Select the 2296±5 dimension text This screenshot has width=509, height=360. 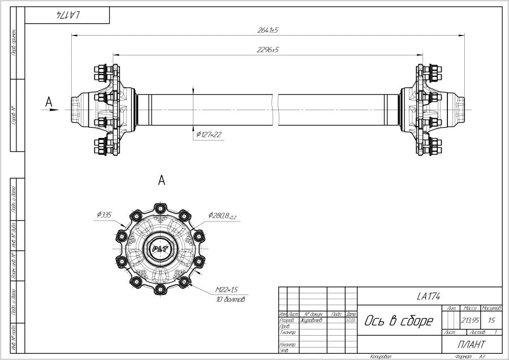tap(268, 50)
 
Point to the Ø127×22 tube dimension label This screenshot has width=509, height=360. tap(209, 135)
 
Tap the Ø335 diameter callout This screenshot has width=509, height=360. tap(105, 214)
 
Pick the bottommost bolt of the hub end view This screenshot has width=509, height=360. tap(161, 289)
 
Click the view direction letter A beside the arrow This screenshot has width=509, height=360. tap(49, 102)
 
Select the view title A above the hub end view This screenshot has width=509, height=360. tap(162, 181)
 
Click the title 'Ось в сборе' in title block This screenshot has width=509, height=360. tap(399, 322)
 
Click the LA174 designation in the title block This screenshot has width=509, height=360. tap(429, 296)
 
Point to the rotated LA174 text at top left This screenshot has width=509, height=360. tap(67, 15)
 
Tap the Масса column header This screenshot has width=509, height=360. tap(469, 309)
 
